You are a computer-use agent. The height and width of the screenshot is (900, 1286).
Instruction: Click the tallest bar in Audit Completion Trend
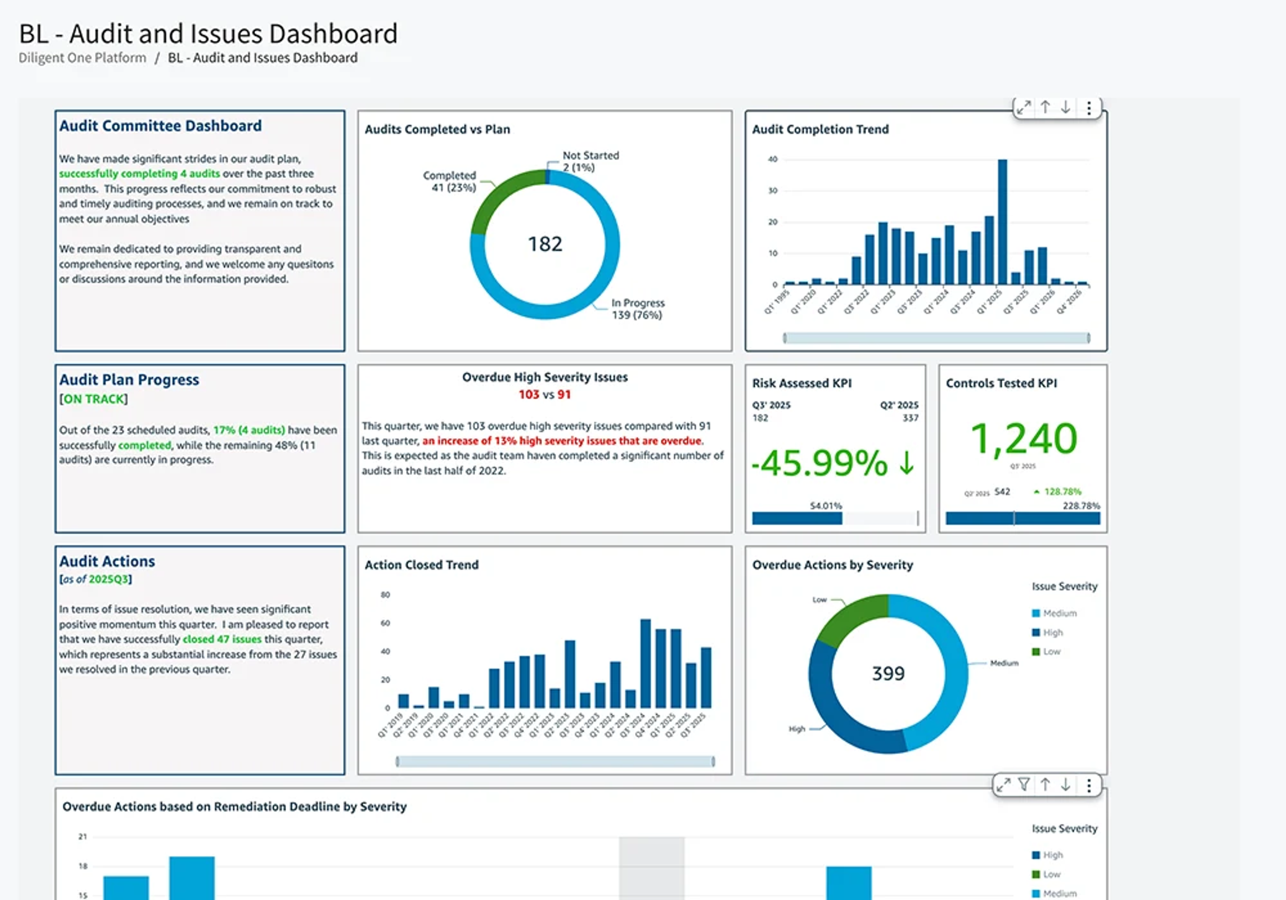coord(1003,221)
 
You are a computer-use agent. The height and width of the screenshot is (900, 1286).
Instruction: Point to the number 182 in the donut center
coord(545,244)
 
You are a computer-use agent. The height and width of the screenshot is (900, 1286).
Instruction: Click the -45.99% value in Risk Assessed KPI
coord(819,463)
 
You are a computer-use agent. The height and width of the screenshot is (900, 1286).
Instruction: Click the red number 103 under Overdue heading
coord(528,394)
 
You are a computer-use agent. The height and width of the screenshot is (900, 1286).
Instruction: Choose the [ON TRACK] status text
coord(93,399)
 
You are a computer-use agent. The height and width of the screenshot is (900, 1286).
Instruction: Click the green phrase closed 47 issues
coord(222,639)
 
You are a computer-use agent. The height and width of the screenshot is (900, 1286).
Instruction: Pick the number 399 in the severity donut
coord(888,673)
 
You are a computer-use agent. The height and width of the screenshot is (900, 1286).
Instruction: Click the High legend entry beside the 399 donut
coord(1052,632)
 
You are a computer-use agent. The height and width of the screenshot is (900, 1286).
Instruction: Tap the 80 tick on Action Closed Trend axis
coord(385,595)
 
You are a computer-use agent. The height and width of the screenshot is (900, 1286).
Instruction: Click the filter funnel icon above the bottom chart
coord(1024,784)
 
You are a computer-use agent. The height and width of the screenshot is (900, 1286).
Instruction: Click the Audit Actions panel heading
coord(107,561)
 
